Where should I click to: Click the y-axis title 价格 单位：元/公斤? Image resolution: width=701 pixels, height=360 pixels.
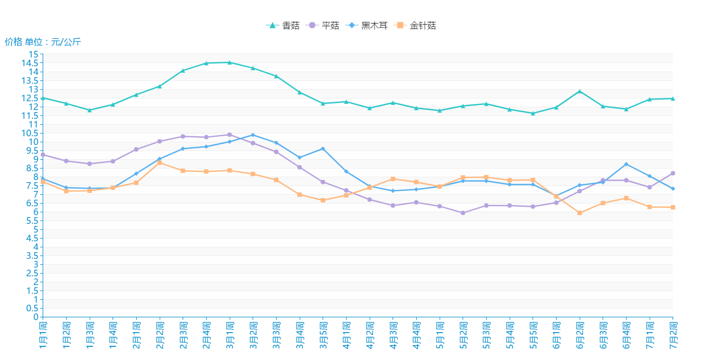coord(43,42)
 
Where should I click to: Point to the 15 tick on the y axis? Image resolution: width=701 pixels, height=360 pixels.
coord(34,54)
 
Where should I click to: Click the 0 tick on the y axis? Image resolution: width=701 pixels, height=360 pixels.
coord(36,317)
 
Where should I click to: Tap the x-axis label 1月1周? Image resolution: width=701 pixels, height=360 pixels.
coord(43,334)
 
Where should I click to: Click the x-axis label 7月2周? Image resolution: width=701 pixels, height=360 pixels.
coord(673,334)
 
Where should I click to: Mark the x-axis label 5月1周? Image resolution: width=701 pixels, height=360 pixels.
coord(440,334)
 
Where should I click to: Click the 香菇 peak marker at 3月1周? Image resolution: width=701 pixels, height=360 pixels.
coord(230,62)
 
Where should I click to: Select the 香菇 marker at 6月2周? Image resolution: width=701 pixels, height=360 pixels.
coord(580,91)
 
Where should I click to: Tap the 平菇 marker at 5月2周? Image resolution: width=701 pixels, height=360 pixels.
coord(463,213)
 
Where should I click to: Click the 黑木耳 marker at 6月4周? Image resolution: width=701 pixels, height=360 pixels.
coord(626,164)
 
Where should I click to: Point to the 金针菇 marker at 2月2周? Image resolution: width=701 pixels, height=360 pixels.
coord(160,163)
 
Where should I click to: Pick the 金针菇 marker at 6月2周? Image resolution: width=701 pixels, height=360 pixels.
coord(580,213)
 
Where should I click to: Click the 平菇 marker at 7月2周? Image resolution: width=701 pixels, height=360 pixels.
coord(673,173)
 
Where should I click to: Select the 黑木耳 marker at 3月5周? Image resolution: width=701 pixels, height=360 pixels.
coord(323,149)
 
